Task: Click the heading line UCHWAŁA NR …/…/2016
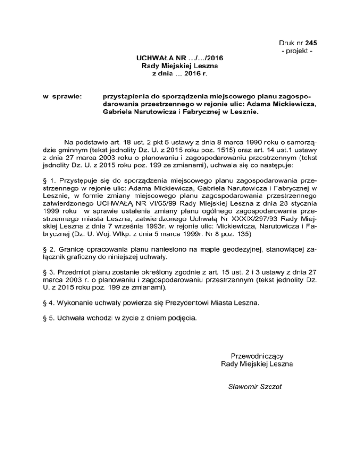180,59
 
